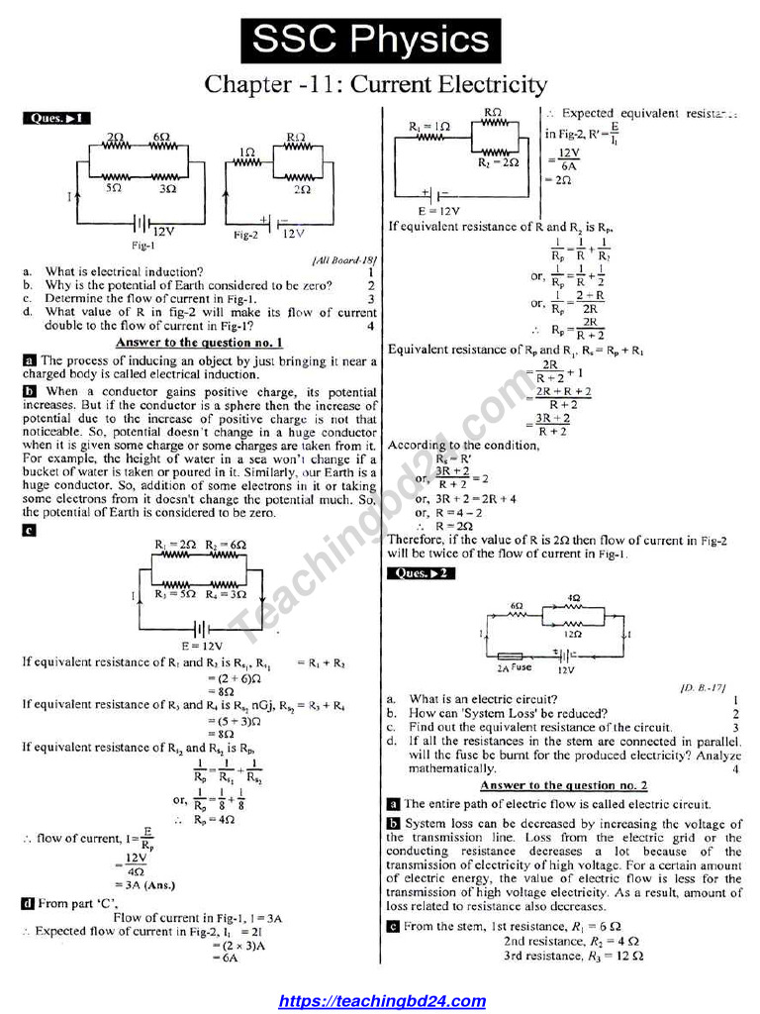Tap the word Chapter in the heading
tap(246, 85)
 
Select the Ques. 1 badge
tap(56, 119)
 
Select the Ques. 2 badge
tap(423, 573)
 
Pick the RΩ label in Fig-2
tap(295, 137)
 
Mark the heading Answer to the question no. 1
tap(199, 342)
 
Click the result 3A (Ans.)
tap(145, 885)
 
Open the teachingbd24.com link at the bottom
tap(382, 1001)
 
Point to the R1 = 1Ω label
tap(429, 127)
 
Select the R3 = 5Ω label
tap(172, 594)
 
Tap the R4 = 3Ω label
tap(226, 594)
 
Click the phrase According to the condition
tap(463, 445)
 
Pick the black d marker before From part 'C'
tap(28, 903)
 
